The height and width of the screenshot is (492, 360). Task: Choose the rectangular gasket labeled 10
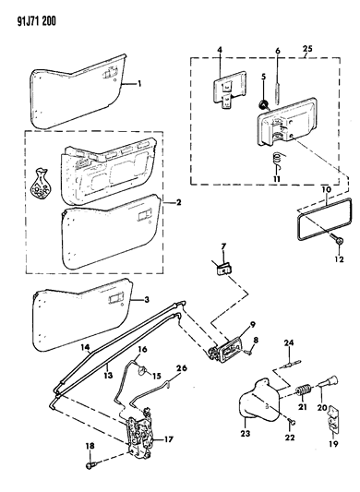[222, 268]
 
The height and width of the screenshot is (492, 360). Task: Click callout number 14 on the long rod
[85, 349]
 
